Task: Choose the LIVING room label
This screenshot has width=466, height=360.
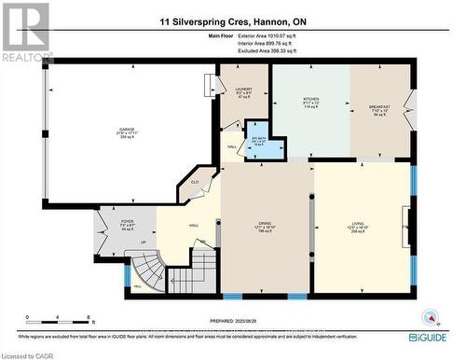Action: point(361,223)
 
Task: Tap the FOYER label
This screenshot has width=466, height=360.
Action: point(128,224)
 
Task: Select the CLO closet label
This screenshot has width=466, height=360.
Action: point(196,184)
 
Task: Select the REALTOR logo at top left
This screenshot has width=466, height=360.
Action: point(25,34)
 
